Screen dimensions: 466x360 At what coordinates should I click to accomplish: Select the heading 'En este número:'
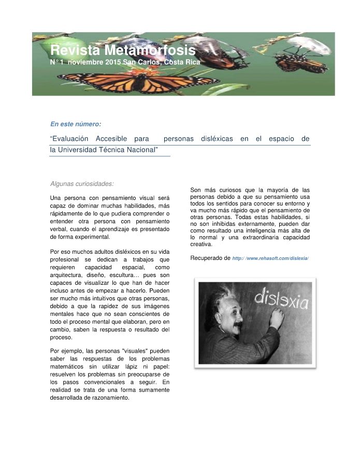click(x=76, y=124)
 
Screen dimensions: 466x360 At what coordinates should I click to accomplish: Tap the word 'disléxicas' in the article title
click(x=217, y=139)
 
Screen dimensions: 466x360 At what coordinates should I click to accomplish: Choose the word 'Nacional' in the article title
click(x=141, y=150)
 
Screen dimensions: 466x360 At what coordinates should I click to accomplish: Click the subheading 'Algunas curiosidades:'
click(x=82, y=183)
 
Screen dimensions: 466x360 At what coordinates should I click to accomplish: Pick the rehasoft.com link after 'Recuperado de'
click(x=270, y=258)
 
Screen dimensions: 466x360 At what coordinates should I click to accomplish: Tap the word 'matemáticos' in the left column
click(x=69, y=367)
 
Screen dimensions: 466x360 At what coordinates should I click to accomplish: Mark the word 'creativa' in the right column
click(x=201, y=244)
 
